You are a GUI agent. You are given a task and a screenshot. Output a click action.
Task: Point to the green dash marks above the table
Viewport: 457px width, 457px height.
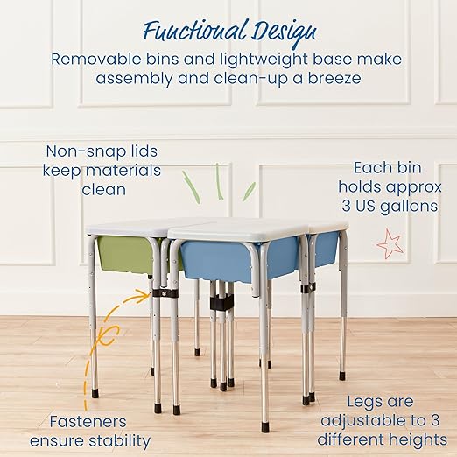click(216, 183)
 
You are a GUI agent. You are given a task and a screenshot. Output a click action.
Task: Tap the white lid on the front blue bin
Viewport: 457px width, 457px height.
click(236, 229)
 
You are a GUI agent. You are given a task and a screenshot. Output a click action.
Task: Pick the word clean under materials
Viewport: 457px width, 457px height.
click(104, 189)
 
